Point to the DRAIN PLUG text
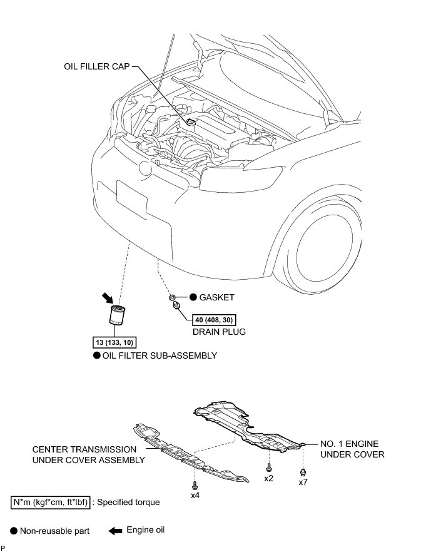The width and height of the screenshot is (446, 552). coord(220,332)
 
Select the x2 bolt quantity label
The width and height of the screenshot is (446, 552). coord(268,478)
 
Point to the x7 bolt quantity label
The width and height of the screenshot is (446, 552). coord(303,482)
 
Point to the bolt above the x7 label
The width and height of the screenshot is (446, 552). coord(303,471)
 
